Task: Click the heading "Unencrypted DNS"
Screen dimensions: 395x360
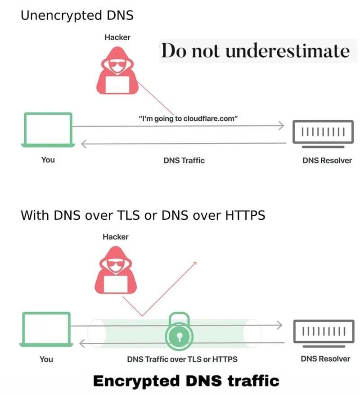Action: [77, 15]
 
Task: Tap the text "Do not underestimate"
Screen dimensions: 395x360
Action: [255, 51]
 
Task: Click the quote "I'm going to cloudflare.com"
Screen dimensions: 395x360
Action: [188, 118]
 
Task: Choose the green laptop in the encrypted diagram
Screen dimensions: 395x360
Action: [46, 330]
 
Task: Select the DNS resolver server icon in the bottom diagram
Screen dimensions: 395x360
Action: [322, 333]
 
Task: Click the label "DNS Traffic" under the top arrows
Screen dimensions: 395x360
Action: [184, 160]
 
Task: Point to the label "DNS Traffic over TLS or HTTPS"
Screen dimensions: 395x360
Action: [182, 359]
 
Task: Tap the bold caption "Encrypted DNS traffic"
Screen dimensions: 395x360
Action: [186, 381]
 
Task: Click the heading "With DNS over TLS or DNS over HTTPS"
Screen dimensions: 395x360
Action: [143, 215]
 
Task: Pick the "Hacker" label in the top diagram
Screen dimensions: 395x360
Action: [117, 37]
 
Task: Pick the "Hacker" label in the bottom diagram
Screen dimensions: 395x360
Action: [115, 237]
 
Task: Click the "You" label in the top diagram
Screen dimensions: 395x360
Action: [48, 160]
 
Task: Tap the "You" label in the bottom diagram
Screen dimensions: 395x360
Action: [46, 359]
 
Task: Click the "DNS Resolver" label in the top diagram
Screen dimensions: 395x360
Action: [327, 160]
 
